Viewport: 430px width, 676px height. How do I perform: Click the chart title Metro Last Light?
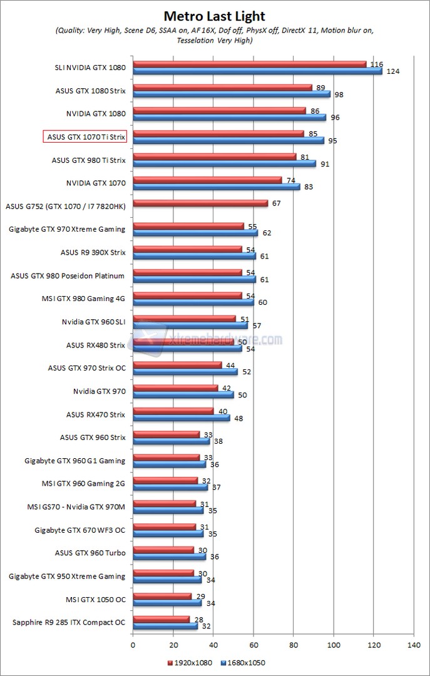(x=215, y=16)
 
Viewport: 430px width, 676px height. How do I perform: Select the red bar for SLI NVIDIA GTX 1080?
(x=249, y=64)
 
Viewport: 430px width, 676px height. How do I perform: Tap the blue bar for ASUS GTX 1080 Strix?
(x=231, y=95)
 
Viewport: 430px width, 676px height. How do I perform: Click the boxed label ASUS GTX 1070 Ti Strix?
(x=85, y=137)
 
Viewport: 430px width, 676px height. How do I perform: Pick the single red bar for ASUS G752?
(x=200, y=203)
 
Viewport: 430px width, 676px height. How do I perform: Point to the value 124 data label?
(x=392, y=72)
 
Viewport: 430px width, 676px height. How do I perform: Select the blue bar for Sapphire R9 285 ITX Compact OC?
(x=165, y=626)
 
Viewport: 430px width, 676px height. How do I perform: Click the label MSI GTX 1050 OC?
(x=96, y=599)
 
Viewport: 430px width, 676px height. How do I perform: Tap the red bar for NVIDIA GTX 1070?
(x=207, y=180)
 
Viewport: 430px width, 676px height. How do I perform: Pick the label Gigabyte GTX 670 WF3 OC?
(x=80, y=530)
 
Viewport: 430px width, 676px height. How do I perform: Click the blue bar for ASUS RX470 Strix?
(x=181, y=418)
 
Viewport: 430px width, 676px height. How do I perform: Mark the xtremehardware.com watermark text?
(x=225, y=340)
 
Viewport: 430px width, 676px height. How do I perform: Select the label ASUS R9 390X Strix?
(x=93, y=252)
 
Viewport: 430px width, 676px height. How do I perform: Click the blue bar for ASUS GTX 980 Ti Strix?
(x=224, y=164)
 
